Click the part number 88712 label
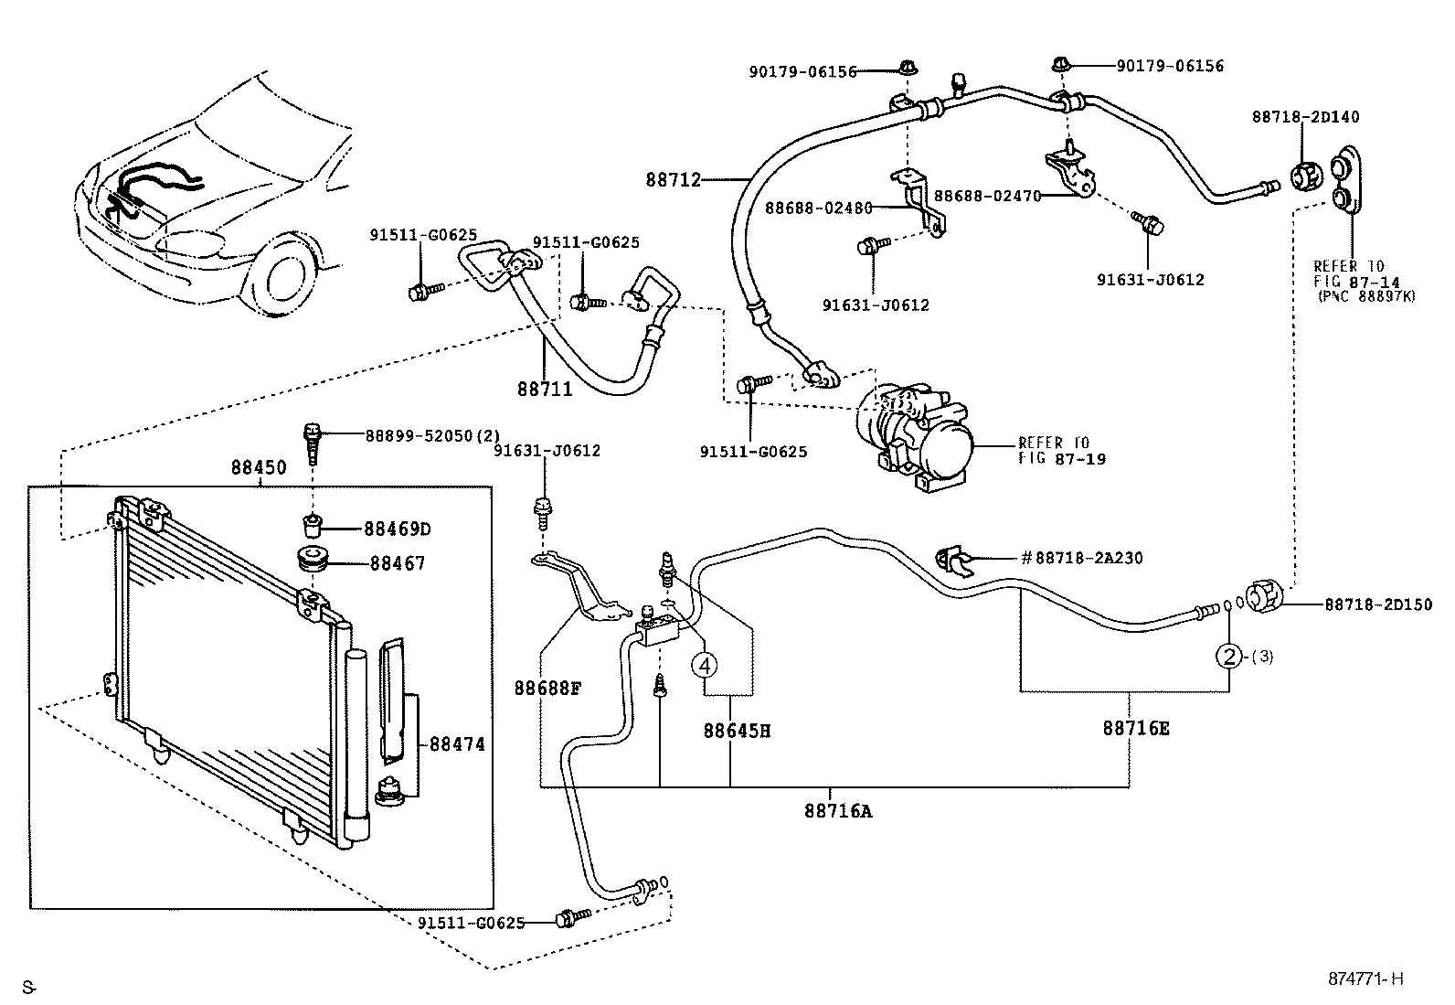[x=674, y=180]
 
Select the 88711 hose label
[x=545, y=390]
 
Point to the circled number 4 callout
[x=705, y=665]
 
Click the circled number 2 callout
[x=1229, y=656]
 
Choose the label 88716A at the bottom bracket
[x=838, y=810]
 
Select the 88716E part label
[x=1136, y=728]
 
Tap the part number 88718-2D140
[x=1305, y=117]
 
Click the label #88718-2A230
[x=1081, y=558]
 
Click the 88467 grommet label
[x=398, y=564]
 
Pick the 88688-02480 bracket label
[x=818, y=208]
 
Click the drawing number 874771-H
[x=1365, y=978]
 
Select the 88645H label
[x=737, y=731]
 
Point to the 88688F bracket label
[x=547, y=687]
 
